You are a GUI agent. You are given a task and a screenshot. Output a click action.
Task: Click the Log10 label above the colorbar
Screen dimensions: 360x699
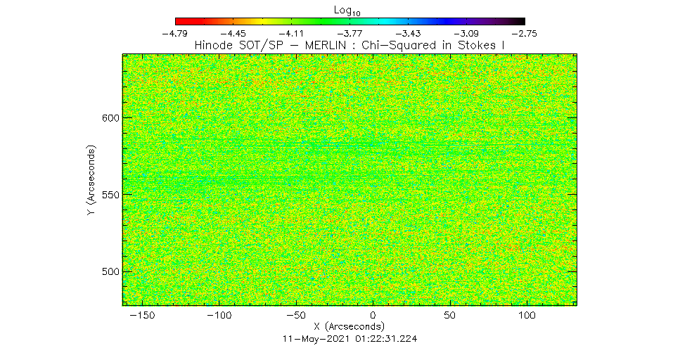point(349,8)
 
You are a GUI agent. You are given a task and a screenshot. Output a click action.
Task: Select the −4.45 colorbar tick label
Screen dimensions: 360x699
point(233,33)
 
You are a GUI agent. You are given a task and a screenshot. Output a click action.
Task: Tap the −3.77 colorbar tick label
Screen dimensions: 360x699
point(349,33)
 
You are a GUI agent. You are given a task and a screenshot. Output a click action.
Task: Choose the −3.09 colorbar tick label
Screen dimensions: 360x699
point(466,33)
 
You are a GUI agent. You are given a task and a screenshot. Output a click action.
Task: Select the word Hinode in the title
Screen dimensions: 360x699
point(214,46)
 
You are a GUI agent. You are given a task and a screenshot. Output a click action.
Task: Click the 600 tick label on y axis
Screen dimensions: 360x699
point(110,117)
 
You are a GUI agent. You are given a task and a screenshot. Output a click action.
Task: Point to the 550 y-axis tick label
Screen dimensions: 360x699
point(110,195)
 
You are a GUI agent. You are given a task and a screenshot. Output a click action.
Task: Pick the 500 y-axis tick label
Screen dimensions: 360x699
point(110,272)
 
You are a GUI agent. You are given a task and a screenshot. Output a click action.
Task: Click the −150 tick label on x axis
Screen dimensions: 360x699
point(143,316)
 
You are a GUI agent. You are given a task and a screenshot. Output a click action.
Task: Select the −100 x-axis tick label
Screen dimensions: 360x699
point(220,316)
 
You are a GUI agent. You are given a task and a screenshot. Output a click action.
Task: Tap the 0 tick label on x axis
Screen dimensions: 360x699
point(373,316)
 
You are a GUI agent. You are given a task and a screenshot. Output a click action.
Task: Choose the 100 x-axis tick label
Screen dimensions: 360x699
point(526,316)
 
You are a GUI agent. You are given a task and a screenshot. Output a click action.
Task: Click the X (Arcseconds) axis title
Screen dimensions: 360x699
point(349,327)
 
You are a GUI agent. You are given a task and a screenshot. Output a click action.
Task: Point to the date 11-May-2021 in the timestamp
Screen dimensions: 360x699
point(312,338)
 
